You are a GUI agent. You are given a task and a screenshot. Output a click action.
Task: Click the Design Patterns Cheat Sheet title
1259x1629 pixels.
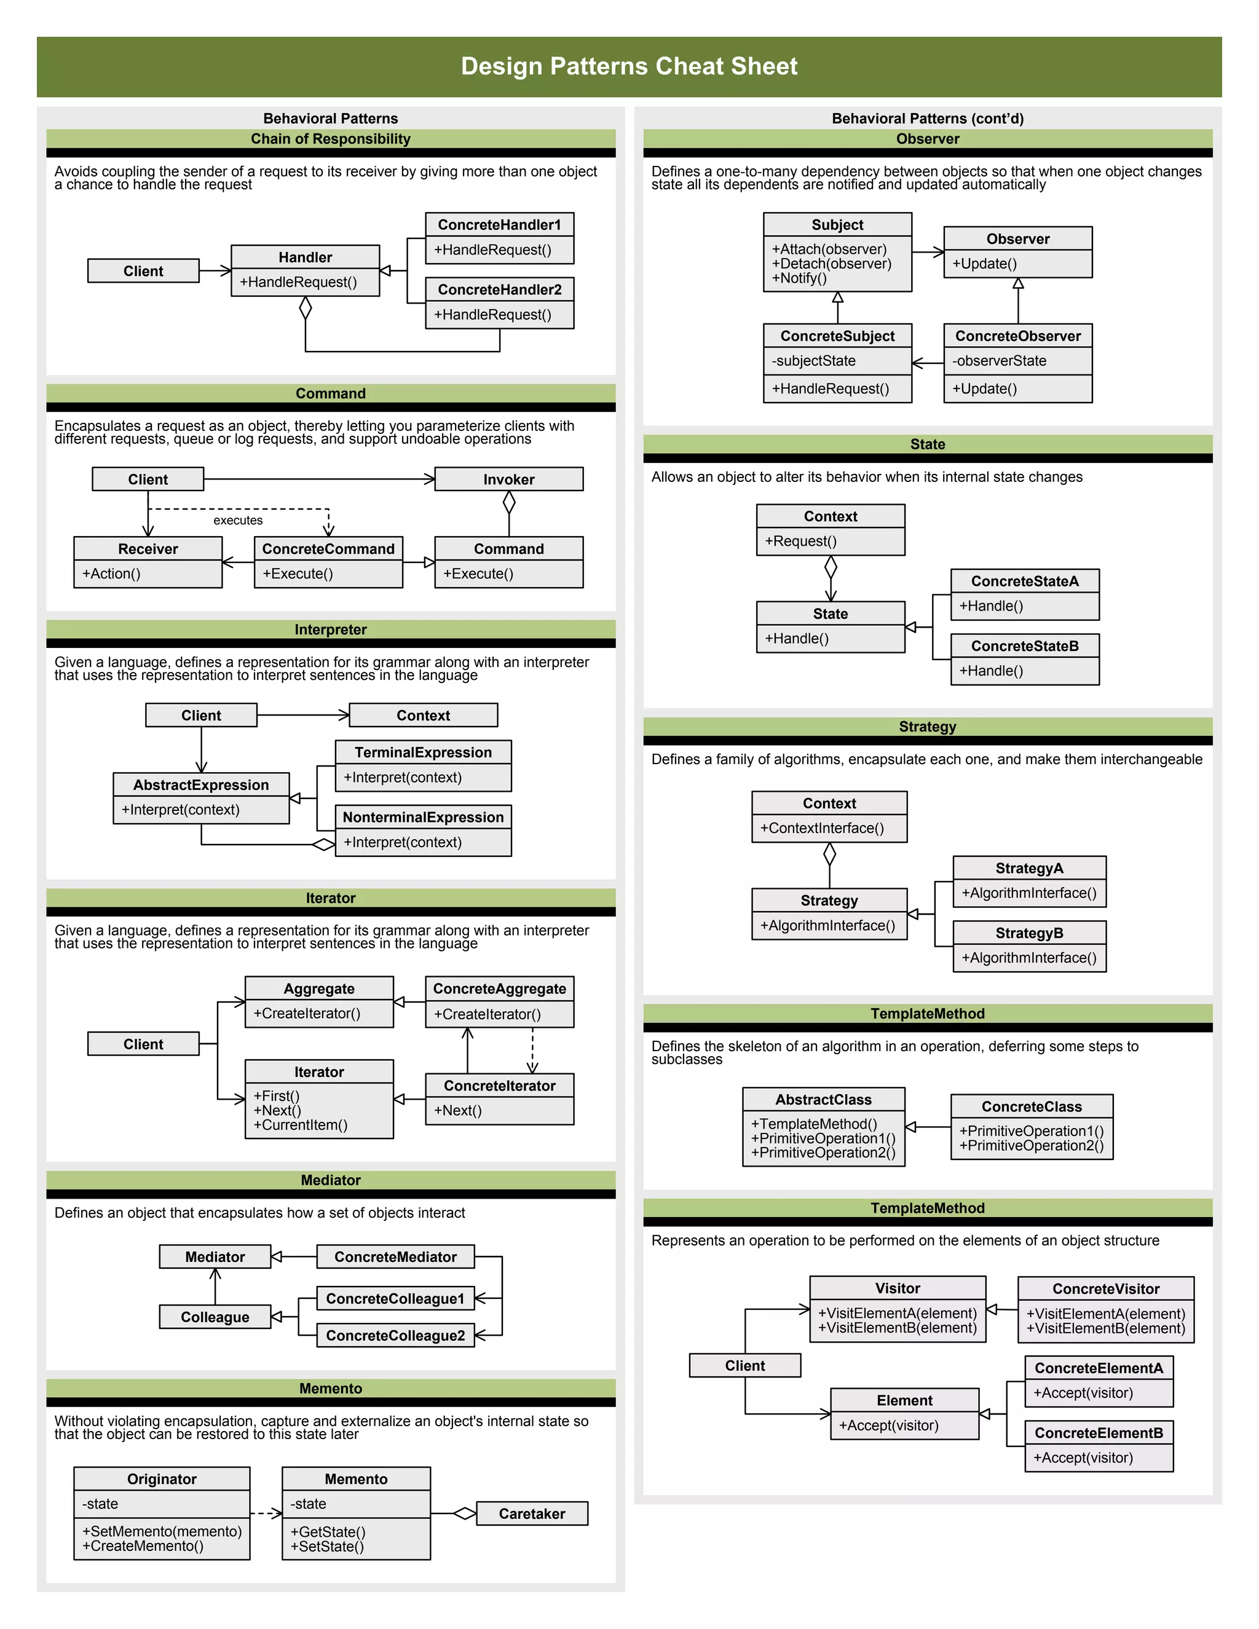pos(629,66)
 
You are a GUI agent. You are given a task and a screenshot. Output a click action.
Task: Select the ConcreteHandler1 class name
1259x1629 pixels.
pos(499,224)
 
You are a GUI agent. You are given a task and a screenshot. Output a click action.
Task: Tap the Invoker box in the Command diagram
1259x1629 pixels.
pos(508,479)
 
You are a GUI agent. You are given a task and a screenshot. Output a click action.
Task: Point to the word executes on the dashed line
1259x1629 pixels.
pos(238,521)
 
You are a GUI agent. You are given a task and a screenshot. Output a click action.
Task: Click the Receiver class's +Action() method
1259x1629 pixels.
pos(112,574)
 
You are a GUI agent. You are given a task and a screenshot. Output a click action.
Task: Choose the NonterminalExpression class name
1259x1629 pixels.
pos(423,818)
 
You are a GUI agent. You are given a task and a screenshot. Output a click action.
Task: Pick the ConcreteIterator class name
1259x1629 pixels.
pos(499,1086)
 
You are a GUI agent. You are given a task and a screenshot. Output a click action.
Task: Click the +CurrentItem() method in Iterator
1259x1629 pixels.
pos(301,1125)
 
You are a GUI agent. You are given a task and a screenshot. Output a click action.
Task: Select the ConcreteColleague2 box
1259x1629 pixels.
pos(395,1335)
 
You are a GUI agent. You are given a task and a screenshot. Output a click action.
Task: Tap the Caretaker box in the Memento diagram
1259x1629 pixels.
pos(532,1513)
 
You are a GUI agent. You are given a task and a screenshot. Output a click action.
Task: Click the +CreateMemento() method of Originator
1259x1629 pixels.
pos(143,1546)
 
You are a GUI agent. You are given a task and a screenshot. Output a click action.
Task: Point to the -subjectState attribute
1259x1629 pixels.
pos(814,361)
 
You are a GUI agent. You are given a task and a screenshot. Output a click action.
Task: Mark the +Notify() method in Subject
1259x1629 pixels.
pos(800,278)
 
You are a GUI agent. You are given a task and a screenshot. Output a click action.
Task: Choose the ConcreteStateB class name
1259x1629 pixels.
pos(1024,646)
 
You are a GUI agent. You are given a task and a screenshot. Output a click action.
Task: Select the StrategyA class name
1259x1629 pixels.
pos(1029,868)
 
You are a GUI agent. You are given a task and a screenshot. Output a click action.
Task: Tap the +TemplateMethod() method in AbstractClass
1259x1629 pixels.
pos(814,1124)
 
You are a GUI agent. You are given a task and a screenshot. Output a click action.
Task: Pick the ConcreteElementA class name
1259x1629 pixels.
pos(1099,1368)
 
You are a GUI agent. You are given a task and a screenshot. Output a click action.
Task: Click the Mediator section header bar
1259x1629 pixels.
pos(330,1180)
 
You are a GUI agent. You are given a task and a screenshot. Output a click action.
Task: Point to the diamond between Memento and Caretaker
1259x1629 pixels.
pos(465,1513)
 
